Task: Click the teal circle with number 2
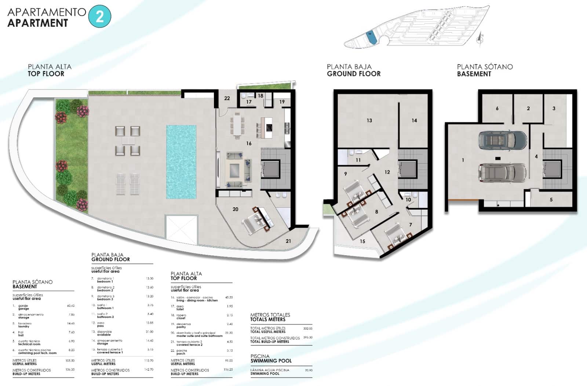coord(99,17)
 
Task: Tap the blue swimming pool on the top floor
coord(181,161)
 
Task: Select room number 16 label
coord(249,143)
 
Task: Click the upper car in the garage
coord(502,140)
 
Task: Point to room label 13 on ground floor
coord(369,120)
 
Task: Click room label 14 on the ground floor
coord(414,120)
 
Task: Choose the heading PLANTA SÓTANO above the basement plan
coord(485,67)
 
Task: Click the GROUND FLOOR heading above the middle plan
coord(354,74)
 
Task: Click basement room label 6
coord(497,108)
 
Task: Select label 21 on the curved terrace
coord(288,241)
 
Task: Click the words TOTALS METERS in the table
coord(267,320)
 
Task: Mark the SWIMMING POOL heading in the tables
coord(271,361)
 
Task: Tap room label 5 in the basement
coord(551,200)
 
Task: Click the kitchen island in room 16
coord(267,127)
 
